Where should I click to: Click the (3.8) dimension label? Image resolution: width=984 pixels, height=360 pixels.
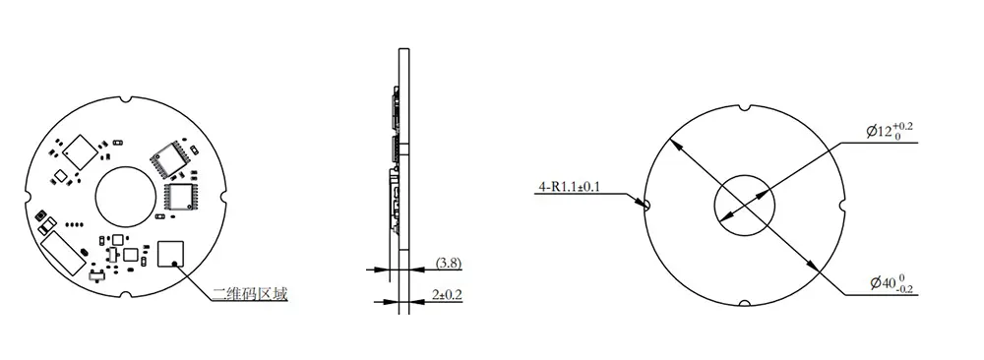click(449, 264)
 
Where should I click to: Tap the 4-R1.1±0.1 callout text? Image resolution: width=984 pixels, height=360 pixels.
click(569, 186)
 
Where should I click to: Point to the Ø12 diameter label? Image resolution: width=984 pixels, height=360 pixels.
click(890, 132)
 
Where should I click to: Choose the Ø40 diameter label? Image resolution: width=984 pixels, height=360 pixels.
click(892, 283)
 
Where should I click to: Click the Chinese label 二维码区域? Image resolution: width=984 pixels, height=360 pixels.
click(250, 293)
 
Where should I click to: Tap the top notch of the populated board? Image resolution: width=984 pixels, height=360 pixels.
click(126, 99)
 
